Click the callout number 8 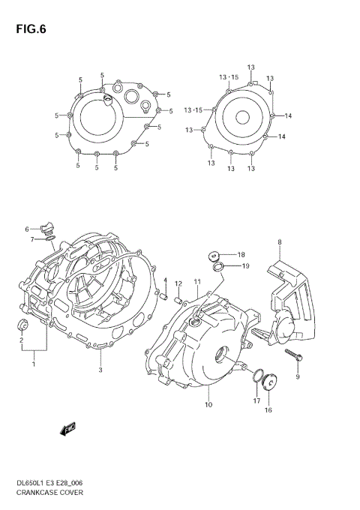[279, 241]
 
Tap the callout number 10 [208, 405]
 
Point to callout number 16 [268, 410]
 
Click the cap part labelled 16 [268, 383]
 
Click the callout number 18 [241, 254]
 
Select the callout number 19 [244, 266]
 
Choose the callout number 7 [32, 239]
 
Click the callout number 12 [178, 283]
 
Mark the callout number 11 [196, 281]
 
